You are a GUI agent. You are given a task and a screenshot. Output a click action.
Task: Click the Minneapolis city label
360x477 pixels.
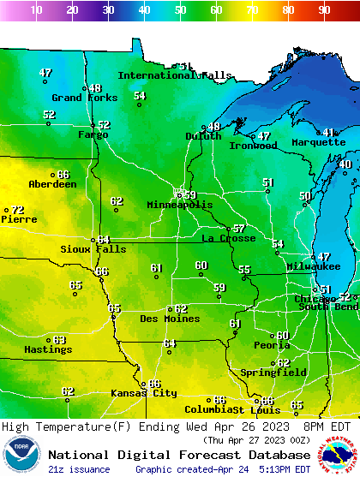pyautogui.click(x=179, y=206)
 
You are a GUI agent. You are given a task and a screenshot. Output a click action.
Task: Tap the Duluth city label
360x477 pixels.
pyautogui.click(x=203, y=136)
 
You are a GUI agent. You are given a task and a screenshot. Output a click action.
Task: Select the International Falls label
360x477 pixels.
pyautogui.click(x=174, y=75)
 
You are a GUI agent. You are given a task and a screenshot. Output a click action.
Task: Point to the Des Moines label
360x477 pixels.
pyautogui.click(x=170, y=319)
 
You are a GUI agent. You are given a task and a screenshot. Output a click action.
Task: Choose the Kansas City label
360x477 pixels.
pyautogui.click(x=143, y=393)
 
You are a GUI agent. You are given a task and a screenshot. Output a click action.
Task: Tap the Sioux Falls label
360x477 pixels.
pyautogui.click(x=93, y=249)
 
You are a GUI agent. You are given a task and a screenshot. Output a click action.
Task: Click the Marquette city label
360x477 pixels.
pyautogui.click(x=318, y=142)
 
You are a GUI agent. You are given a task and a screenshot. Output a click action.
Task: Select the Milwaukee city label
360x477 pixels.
pyautogui.click(x=314, y=266)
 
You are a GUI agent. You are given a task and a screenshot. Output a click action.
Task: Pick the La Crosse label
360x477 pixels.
pyautogui.click(x=229, y=238)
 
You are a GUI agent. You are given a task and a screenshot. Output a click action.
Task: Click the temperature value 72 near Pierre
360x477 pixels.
pyautogui.click(x=17, y=210)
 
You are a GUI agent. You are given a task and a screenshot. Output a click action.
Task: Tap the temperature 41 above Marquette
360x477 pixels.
pyautogui.click(x=328, y=132)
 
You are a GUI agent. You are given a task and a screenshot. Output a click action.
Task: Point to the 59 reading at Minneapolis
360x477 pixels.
pyautogui.click(x=189, y=195)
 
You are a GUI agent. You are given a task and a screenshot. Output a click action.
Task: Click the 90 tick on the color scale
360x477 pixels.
pyautogui.click(x=324, y=10)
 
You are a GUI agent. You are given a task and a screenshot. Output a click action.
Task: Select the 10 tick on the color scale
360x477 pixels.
pyautogui.click(x=36, y=10)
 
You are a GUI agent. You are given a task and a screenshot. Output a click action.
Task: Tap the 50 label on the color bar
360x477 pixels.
pyautogui.click(x=180, y=10)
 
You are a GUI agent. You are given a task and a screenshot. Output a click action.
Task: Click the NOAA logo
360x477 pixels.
pyautogui.click(x=21, y=455)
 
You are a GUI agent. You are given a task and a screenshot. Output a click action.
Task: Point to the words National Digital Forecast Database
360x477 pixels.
pyautogui.click(x=179, y=455)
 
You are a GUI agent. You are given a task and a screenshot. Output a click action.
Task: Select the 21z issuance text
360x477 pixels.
pyautogui.click(x=79, y=469)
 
